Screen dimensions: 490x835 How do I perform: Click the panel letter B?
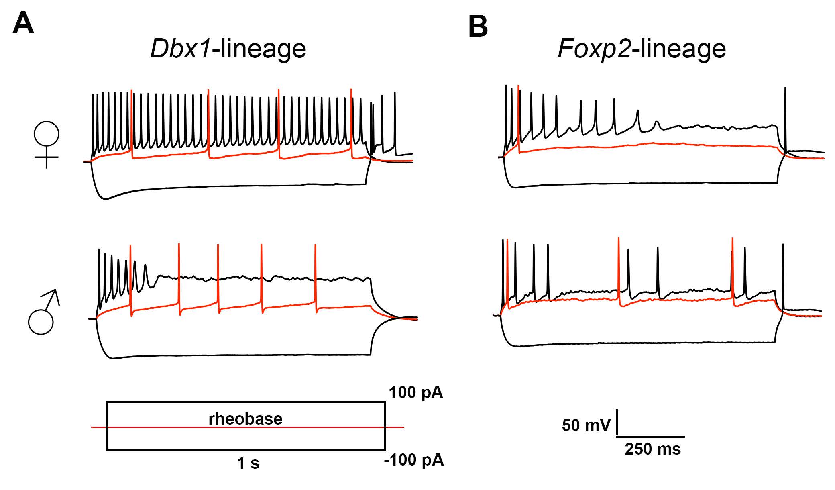(x=478, y=27)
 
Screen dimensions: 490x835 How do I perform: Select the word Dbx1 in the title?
(x=180, y=49)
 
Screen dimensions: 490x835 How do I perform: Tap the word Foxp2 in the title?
(x=593, y=49)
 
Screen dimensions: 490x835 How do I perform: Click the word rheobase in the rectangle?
(x=245, y=419)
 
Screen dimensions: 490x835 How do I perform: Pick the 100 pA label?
(x=415, y=392)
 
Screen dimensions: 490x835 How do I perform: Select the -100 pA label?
(x=414, y=460)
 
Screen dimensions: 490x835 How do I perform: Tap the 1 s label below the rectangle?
(x=248, y=463)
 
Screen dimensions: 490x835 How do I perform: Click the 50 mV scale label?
(x=586, y=425)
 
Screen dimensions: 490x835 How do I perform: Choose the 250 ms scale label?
(x=653, y=449)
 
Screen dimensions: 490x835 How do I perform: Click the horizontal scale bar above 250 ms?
(x=650, y=436)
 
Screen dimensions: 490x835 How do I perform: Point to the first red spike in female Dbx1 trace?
(x=132, y=120)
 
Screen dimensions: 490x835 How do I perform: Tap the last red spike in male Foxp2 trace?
(x=733, y=273)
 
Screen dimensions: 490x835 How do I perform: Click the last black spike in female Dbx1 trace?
(x=395, y=120)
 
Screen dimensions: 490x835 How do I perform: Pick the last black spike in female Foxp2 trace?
(x=785, y=120)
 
